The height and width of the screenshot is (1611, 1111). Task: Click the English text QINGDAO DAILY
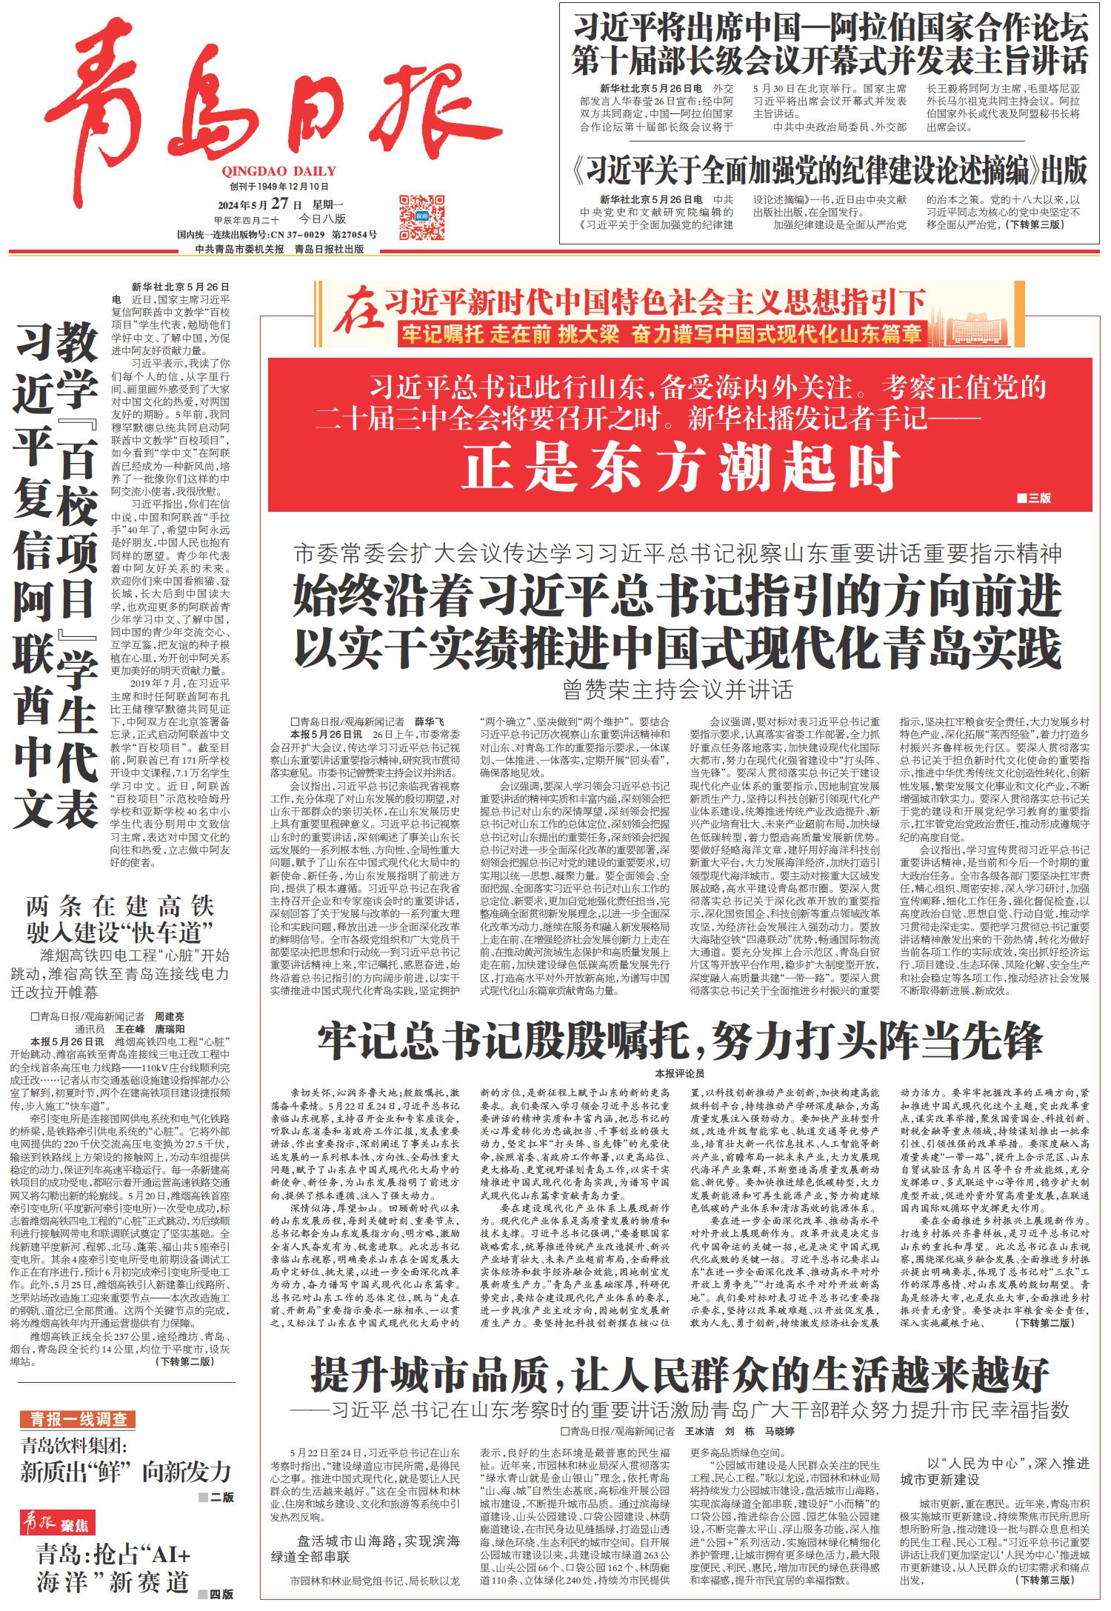click(x=278, y=171)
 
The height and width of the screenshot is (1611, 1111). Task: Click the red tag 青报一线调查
click(x=78, y=1419)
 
